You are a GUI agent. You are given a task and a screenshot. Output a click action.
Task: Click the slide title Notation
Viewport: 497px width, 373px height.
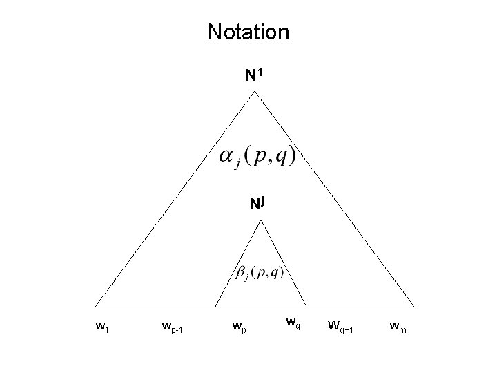248,32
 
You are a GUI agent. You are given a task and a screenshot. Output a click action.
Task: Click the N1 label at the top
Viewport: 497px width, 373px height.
254,75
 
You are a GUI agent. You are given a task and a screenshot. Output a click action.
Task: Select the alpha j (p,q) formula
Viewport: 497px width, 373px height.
257,157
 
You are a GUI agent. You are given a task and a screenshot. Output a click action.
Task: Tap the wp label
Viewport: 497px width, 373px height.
238,325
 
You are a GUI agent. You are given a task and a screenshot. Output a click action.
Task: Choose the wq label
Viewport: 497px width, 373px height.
293,321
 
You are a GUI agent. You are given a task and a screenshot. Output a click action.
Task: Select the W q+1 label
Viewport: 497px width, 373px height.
340,325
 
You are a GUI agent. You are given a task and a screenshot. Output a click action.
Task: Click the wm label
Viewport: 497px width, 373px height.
398,325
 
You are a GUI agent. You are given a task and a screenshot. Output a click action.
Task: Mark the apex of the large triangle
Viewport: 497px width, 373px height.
255,91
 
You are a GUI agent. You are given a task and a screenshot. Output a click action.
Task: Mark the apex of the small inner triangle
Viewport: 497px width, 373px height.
260,220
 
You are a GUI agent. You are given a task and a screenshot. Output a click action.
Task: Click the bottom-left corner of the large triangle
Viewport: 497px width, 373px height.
95,305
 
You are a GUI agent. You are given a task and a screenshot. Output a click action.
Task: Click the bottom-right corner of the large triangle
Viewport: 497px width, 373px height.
415,305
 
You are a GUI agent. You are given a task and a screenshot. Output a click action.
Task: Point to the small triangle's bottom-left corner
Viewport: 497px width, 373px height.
215,305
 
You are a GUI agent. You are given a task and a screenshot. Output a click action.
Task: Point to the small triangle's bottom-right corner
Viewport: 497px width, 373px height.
306,305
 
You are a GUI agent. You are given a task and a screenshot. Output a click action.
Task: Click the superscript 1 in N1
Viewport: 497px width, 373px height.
260,72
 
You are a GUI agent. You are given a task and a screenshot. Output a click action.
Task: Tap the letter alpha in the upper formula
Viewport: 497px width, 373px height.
226,156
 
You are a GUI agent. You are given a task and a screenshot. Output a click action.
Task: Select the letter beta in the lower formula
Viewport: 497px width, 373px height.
241,274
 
